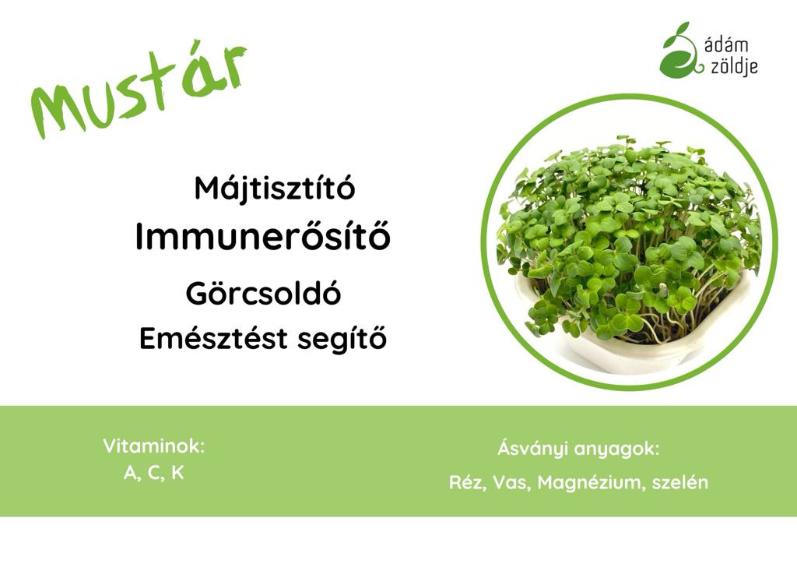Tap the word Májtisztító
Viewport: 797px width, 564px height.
275,189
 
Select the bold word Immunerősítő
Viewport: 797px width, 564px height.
262,236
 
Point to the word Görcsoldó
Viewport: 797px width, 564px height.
263,293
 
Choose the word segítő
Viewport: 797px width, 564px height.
342,339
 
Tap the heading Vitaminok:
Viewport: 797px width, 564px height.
154,446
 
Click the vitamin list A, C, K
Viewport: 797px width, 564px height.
153,473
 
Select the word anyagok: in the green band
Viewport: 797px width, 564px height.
616,450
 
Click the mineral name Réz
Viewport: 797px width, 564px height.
465,482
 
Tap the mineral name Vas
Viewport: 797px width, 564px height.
509,482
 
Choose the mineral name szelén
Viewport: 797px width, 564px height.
679,482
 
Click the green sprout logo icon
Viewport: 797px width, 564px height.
680,49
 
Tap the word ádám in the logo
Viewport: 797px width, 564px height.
726,45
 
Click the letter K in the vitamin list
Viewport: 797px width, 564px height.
177,472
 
